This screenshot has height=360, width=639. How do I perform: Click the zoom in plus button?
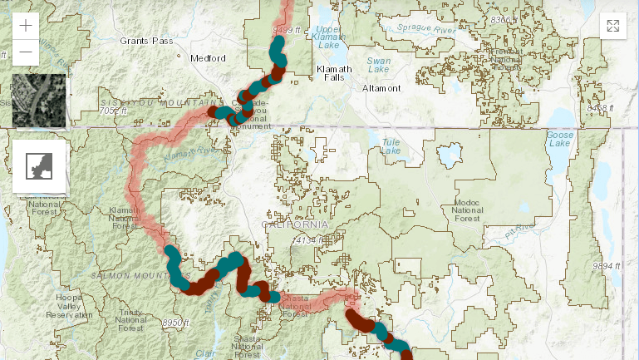pos(26,25)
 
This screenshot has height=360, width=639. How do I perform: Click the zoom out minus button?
pos(26,52)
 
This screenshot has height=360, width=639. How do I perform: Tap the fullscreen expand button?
pos(612,26)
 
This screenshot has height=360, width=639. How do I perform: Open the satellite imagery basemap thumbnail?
pos(39,101)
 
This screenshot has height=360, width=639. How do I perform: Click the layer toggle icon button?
pos(39,165)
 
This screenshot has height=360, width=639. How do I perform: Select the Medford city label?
pos(208,58)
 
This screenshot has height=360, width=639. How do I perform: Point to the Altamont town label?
pos(381,88)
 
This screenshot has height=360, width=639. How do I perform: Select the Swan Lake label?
pos(379,66)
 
